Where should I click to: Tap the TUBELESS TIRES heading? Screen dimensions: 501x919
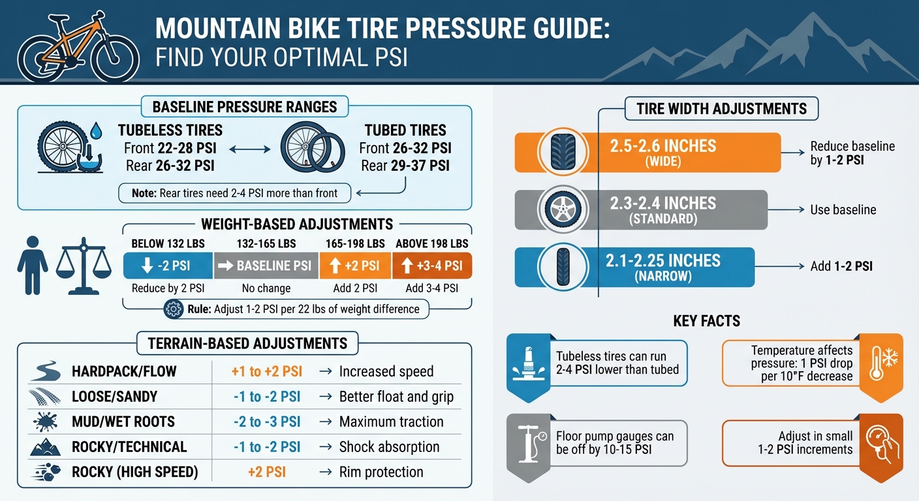pos(170,130)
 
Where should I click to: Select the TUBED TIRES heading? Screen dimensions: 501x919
pos(405,130)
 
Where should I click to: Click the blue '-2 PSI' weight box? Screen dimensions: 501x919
pos(168,266)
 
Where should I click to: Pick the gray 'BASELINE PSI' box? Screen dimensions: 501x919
pos(266,266)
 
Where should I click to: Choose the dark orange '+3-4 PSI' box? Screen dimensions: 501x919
pos(431,266)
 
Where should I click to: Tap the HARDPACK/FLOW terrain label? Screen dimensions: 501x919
pos(124,372)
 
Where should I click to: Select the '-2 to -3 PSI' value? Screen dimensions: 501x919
pos(266,422)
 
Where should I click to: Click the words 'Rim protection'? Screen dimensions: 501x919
pos(381,472)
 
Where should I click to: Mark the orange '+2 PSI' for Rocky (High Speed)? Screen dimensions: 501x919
pos(266,472)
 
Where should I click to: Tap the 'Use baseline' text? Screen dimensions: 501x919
pos(843,210)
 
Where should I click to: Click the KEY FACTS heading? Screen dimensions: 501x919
pos(707,321)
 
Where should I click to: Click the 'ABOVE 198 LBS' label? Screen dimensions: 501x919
pos(431,244)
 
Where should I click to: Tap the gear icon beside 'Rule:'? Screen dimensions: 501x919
pos(174,309)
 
